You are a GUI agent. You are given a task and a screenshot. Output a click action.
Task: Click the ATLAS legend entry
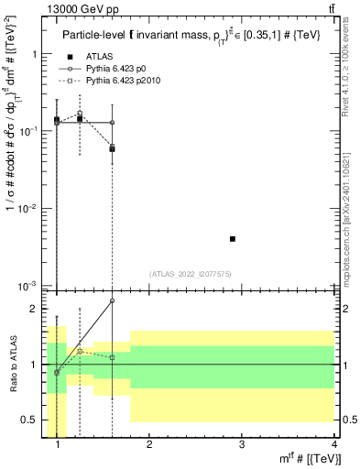98,57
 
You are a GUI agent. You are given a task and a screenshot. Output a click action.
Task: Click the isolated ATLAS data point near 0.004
233,239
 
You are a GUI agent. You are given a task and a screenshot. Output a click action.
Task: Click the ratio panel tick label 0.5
33,420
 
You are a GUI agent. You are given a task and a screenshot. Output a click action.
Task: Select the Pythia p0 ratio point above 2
113,300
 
